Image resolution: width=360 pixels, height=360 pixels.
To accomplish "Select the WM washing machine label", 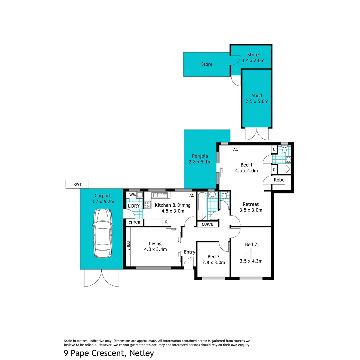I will tap(132, 195).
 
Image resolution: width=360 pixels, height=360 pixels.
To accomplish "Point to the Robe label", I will tap(279, 180).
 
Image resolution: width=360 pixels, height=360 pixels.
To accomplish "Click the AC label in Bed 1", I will tap(236, 149).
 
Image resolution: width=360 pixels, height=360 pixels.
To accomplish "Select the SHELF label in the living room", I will tap(128, 245).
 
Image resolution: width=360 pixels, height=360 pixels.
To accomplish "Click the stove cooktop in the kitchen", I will tap(148, 205).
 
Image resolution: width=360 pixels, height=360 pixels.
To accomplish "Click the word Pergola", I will tap(200, 156).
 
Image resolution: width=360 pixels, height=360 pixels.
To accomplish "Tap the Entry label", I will tap(189, 252).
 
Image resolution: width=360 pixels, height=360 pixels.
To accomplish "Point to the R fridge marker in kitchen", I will tap(166, 222).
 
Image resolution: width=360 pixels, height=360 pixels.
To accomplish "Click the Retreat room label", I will tap(251, 204).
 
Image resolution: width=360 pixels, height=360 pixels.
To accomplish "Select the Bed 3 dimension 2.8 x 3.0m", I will tap(214, 262).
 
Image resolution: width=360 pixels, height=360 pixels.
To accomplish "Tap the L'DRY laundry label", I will tap(134, 206).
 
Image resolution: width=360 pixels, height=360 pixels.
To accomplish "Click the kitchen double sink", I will tap(160, 195).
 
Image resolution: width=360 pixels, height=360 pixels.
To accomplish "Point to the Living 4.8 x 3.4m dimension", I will tap(155, 249).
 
